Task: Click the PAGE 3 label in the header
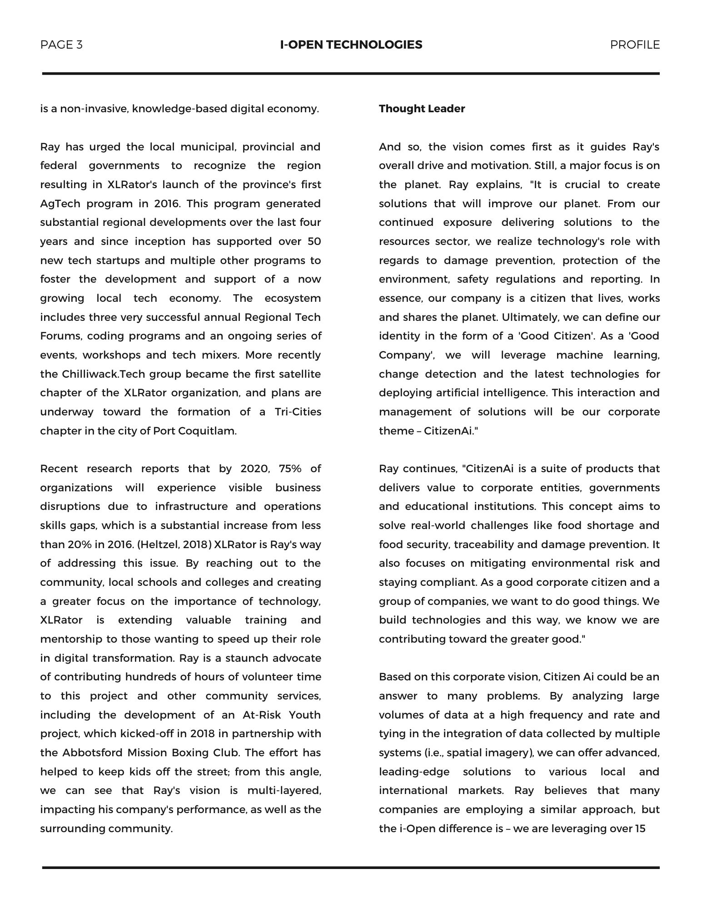pos(61,45)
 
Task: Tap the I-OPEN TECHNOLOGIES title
pos(351,45)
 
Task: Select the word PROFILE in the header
pos(634,45)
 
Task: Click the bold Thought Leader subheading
pos(422,109)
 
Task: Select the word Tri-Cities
pos(298,412)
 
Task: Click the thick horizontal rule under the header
pos(351,73)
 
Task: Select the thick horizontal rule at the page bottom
pos(351,868)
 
